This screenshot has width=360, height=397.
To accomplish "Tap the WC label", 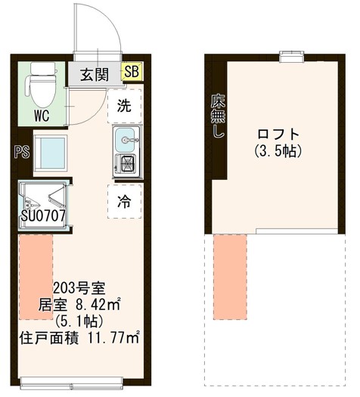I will point(42,116).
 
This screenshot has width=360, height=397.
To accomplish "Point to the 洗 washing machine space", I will point(123,106).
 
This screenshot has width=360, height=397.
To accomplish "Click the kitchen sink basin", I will point(125,138).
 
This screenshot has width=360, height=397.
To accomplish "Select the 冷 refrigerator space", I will point(123,201).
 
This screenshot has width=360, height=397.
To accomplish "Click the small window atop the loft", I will point(290,54).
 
